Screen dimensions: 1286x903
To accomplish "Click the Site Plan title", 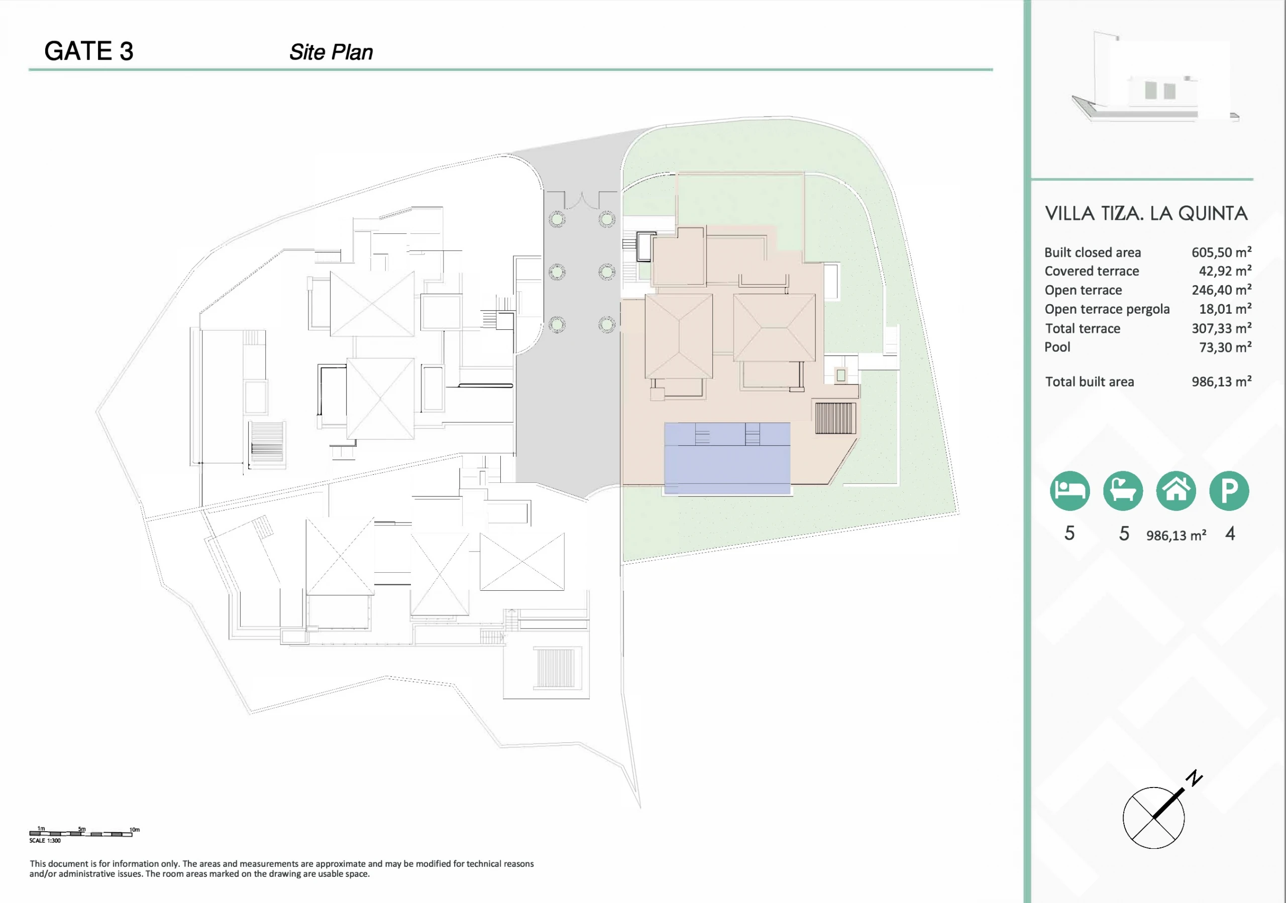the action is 331,52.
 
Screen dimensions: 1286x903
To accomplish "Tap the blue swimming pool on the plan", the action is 727,458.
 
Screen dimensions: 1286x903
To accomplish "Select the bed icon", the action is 1070,491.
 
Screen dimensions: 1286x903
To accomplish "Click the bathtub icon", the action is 1123,491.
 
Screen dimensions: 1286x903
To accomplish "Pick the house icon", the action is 1176,491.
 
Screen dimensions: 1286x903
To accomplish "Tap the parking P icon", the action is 1229,491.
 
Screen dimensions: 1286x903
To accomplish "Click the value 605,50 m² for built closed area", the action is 1222,252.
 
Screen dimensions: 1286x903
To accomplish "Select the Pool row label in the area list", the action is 1057,347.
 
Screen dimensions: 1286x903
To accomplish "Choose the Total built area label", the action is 1090,382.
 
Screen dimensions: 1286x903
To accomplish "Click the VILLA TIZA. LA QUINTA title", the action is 1146,213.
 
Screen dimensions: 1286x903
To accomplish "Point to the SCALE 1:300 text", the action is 45,840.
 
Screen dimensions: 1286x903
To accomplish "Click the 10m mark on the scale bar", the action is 135,830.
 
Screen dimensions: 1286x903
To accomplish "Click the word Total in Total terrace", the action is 1058,329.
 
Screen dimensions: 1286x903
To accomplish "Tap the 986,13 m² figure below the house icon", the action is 1176,535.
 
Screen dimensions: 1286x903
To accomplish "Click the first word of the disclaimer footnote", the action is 38,864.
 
